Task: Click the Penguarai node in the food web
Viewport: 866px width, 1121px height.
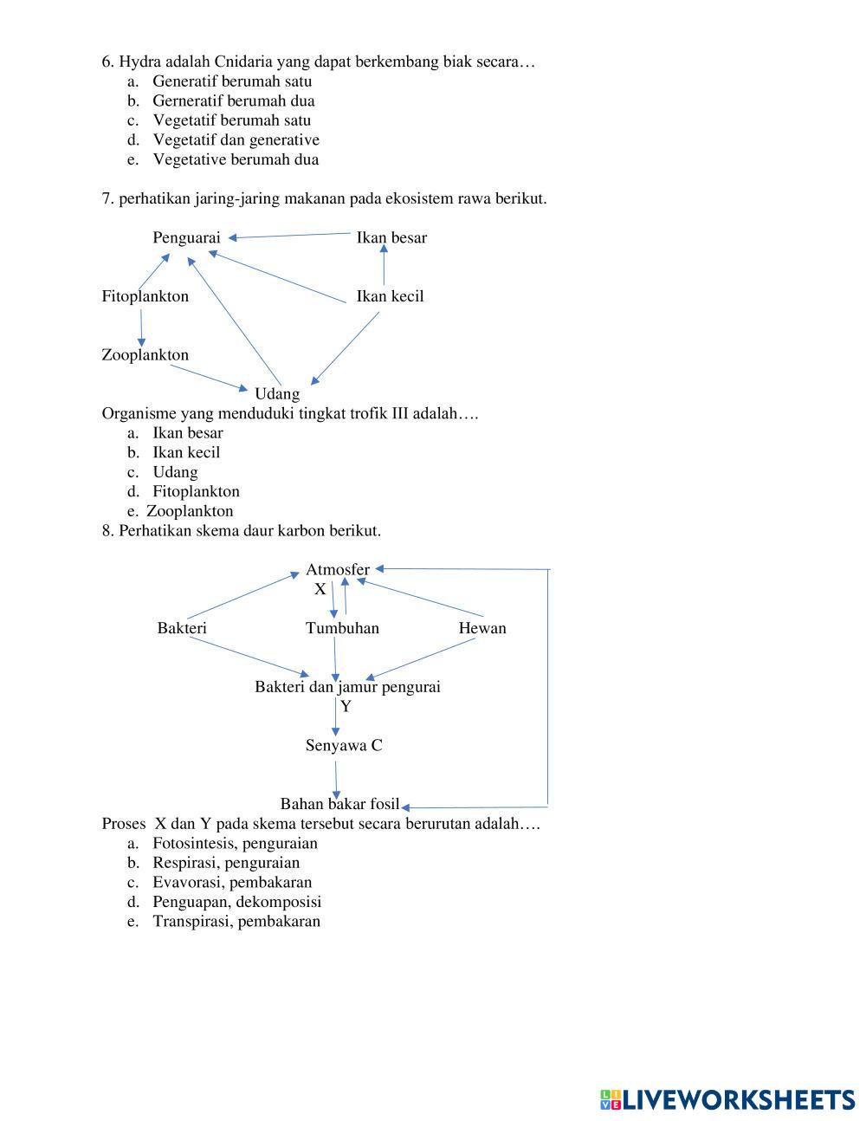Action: point(186,237)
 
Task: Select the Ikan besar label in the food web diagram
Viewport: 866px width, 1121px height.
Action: point(391,237)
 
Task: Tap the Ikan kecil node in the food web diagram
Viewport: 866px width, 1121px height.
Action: point(390,296)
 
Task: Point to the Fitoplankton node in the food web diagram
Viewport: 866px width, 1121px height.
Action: point(145,296)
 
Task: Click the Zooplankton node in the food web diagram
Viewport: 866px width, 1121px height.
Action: point(145,355)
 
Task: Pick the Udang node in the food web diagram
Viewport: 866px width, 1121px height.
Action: point(276,394)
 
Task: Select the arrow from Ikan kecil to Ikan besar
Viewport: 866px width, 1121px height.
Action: point(384,265)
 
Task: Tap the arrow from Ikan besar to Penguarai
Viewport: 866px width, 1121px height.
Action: point(290,235)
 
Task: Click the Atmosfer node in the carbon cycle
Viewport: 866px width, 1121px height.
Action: point(337,569)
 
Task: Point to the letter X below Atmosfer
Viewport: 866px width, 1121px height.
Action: point(320,589)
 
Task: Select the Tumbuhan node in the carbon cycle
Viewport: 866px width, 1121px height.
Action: point(342,628)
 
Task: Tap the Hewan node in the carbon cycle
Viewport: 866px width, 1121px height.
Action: point(481,628)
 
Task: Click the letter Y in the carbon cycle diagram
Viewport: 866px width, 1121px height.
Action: point(346,707)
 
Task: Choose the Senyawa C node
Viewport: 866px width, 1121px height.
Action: point(344,746)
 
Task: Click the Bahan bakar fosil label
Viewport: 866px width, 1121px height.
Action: point(339,804)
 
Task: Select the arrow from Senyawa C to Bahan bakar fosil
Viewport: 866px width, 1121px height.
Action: point(337,775)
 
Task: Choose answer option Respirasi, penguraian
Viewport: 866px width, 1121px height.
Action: point(225,863)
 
